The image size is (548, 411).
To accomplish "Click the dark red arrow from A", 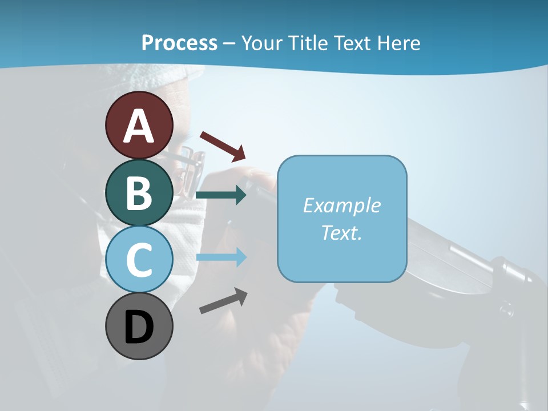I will coord(223,146).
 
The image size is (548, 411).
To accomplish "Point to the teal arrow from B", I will coord(221,195).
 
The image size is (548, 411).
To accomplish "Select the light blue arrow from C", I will coord(221,257).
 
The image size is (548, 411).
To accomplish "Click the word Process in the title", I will coord(179,43).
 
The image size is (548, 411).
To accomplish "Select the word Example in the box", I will coord(341,205).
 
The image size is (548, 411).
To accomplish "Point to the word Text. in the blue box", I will coord(341,232).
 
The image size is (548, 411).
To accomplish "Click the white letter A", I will coord(139,126).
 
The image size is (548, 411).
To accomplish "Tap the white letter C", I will coord(139,260).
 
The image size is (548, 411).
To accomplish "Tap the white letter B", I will coord(139,193).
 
